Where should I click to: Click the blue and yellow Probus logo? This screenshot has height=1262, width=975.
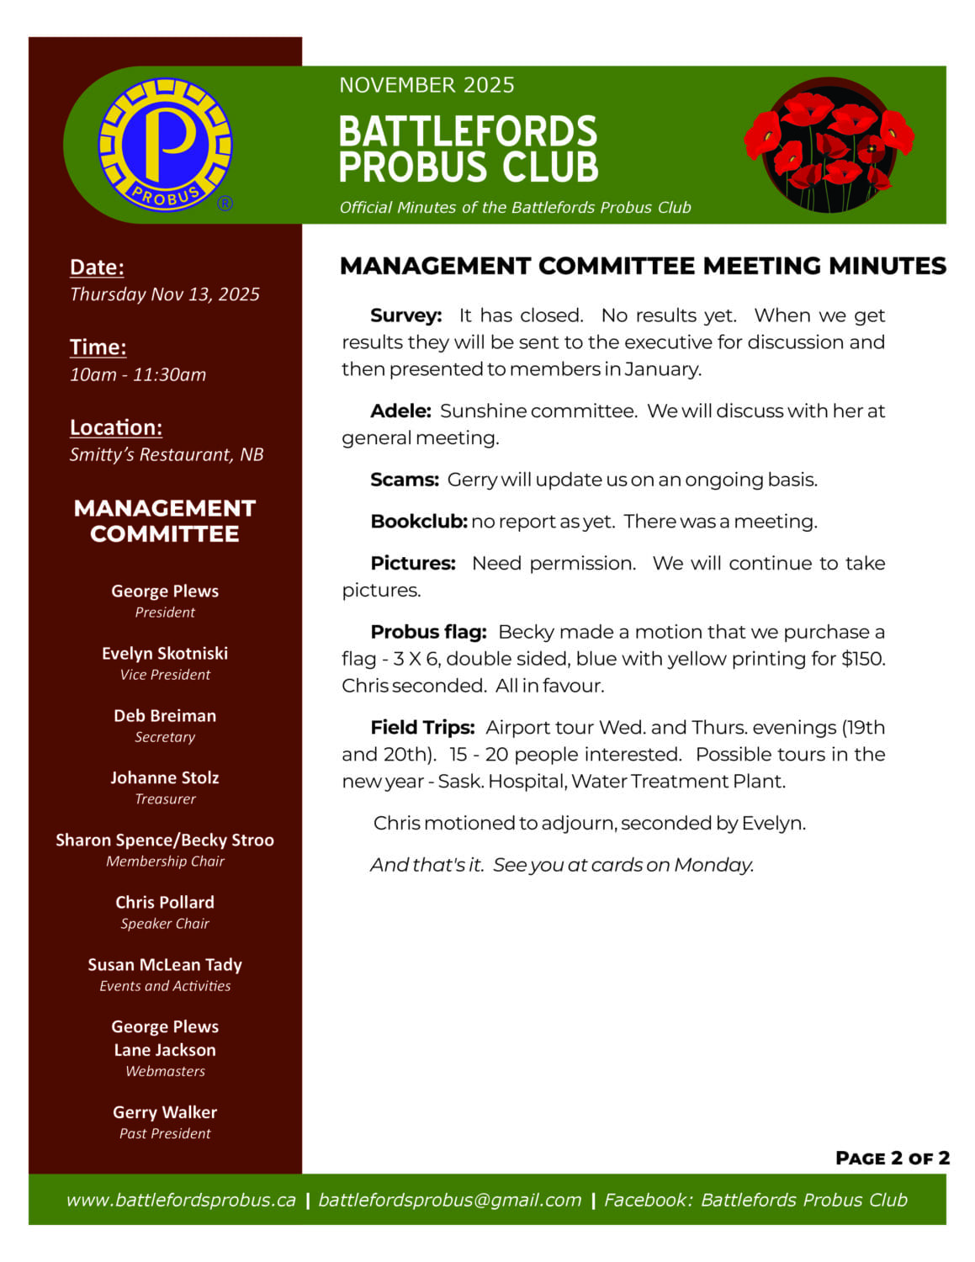165,145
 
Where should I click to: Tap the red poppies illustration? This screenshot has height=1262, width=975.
829,145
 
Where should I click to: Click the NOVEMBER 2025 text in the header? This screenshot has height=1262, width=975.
427,85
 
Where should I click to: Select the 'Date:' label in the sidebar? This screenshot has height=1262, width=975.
97,268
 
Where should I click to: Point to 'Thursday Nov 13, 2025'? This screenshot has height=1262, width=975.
164,294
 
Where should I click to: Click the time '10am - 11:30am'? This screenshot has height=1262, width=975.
138,374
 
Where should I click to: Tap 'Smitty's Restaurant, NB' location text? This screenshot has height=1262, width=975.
167,454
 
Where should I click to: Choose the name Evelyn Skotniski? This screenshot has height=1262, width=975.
165,654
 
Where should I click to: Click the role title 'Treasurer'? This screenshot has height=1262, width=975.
165,799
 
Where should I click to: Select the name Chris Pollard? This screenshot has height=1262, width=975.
165,903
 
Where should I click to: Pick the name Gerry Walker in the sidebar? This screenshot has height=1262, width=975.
165,1112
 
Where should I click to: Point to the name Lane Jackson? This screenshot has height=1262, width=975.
165,1050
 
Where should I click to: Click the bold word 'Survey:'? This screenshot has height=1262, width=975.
405,315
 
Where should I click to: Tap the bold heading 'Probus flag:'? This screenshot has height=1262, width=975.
428,632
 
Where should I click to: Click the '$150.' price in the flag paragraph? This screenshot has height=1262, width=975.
863,659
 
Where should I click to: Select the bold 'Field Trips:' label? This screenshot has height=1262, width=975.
422,728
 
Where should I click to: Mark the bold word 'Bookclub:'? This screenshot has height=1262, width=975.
418,522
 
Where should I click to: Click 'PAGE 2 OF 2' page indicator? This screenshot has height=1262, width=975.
892,1159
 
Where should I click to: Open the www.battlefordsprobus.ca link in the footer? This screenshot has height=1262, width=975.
181,1200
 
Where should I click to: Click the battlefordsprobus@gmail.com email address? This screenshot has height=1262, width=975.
449,1200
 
